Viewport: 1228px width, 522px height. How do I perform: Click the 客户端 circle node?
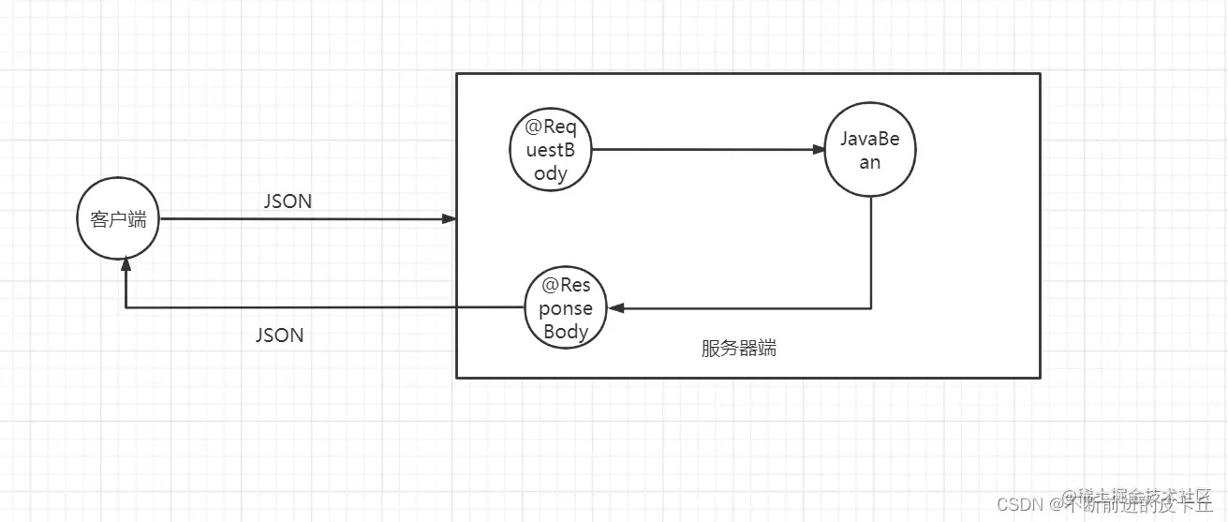(118, 220)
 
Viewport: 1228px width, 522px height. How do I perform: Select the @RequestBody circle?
(553, 150)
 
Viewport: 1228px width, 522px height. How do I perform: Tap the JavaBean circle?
(870, 150)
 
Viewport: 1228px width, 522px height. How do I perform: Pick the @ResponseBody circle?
(566, 307)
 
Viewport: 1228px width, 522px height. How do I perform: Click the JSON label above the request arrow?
(289, 201)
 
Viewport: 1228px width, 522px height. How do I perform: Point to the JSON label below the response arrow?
(279, 335)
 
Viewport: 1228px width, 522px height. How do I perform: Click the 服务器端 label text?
(738, 349)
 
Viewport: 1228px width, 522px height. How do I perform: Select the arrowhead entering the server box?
(450, 219)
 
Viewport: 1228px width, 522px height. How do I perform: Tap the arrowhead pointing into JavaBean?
(818, 150)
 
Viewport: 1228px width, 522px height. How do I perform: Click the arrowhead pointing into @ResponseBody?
(614, 307)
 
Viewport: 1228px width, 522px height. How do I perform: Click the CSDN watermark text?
(1019, 504)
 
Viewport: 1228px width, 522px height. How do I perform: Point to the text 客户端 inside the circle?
(118, 220)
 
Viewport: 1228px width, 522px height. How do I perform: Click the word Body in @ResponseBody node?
(566, 331)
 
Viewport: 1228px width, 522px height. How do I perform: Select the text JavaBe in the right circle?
(870, 140)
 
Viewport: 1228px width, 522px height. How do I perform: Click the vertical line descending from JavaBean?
(872, 253)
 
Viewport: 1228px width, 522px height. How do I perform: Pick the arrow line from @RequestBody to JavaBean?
(703, 149)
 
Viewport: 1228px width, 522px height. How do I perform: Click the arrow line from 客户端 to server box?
(300, 219)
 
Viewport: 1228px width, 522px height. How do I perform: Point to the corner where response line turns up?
(126, 307)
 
